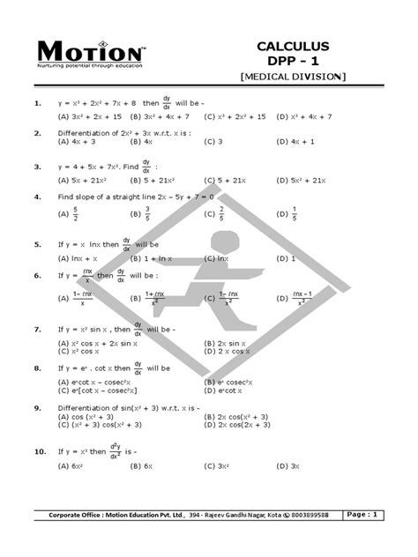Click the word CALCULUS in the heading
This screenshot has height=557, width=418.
[x=293, y=46]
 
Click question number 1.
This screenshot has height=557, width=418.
[x=38, y=104]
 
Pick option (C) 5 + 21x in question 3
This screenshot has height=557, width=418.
[x=224, y=180]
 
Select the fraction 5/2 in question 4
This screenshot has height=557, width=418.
[x=78, y=213]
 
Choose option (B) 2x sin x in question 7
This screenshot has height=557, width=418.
[x=234, y=342]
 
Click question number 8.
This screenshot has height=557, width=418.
[x=38, y=367]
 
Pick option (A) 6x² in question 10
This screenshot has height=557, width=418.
[x=70, y=465]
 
